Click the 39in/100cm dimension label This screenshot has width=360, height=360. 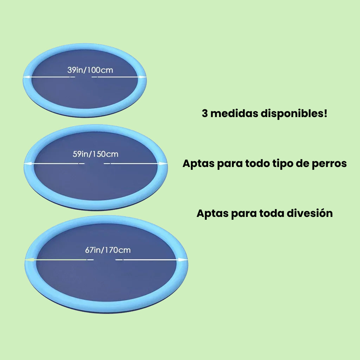(90, 70)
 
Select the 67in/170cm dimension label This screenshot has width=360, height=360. (108, 250)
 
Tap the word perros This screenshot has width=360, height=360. (329, 163)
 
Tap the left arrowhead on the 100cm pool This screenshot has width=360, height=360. (26, 77)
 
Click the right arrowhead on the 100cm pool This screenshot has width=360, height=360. (143, 77)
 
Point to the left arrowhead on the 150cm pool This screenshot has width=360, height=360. (26, 163)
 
